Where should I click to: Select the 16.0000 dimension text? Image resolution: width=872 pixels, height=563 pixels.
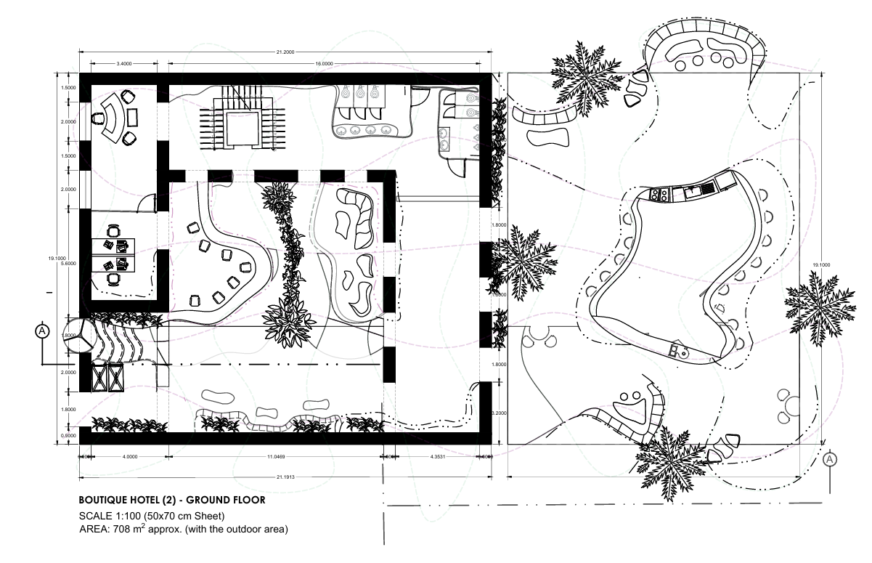[x=324, y=64]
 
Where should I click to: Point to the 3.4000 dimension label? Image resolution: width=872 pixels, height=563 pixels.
[x=123, y=64]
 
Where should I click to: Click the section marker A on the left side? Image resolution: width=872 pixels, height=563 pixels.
[x=42, y=331]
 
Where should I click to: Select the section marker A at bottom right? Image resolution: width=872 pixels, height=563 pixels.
[x=831, y=459]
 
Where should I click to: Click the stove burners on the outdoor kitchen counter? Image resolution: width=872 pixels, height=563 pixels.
[x=661, y=195]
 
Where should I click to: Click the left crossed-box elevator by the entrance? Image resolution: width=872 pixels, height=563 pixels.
[x=97, y=378]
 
